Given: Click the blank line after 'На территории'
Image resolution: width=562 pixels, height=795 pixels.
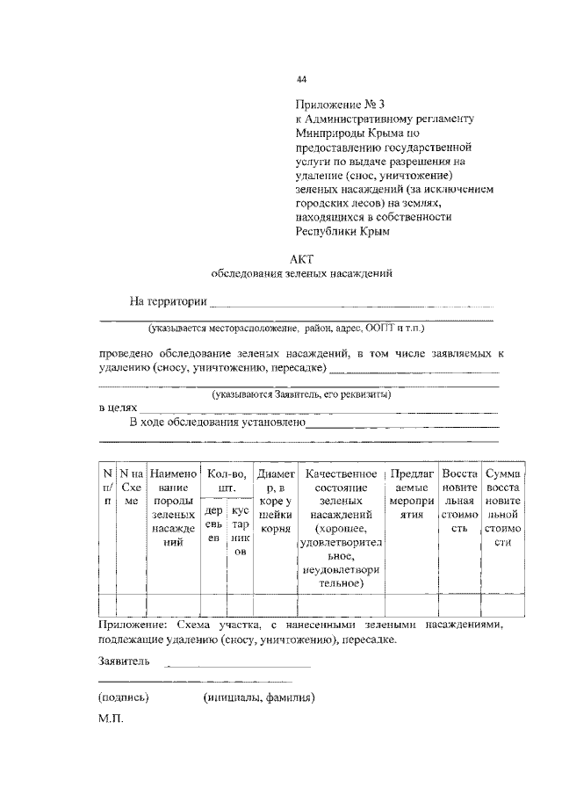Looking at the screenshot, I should tap(351, 304).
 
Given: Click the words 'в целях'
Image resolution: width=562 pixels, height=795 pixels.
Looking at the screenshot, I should tap(115, 408).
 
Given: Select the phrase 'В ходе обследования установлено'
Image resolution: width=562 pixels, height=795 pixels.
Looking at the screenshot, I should tap(217, 423).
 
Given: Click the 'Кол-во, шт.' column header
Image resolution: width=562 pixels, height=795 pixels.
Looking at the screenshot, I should tap(227, 480).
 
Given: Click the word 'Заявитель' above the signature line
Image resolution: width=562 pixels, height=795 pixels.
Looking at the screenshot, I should tap(124, 661).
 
